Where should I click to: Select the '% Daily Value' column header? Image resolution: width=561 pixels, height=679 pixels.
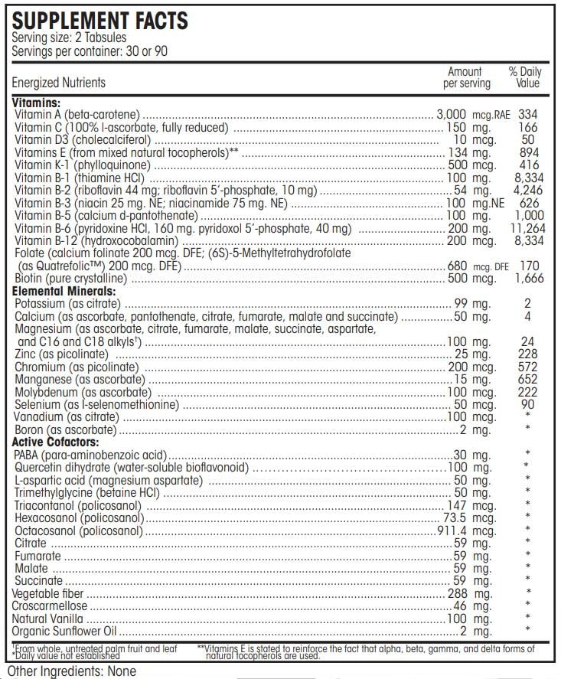[525, 77]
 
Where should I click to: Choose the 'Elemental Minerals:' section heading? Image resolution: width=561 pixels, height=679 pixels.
[65, 292]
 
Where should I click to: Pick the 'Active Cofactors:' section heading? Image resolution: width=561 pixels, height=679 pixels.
[56, 442]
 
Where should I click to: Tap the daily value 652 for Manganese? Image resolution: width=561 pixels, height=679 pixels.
[527, 380]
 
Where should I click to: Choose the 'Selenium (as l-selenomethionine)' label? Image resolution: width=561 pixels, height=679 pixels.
[96, 404]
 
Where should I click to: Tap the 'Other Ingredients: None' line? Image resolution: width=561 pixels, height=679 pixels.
[71, 671]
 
